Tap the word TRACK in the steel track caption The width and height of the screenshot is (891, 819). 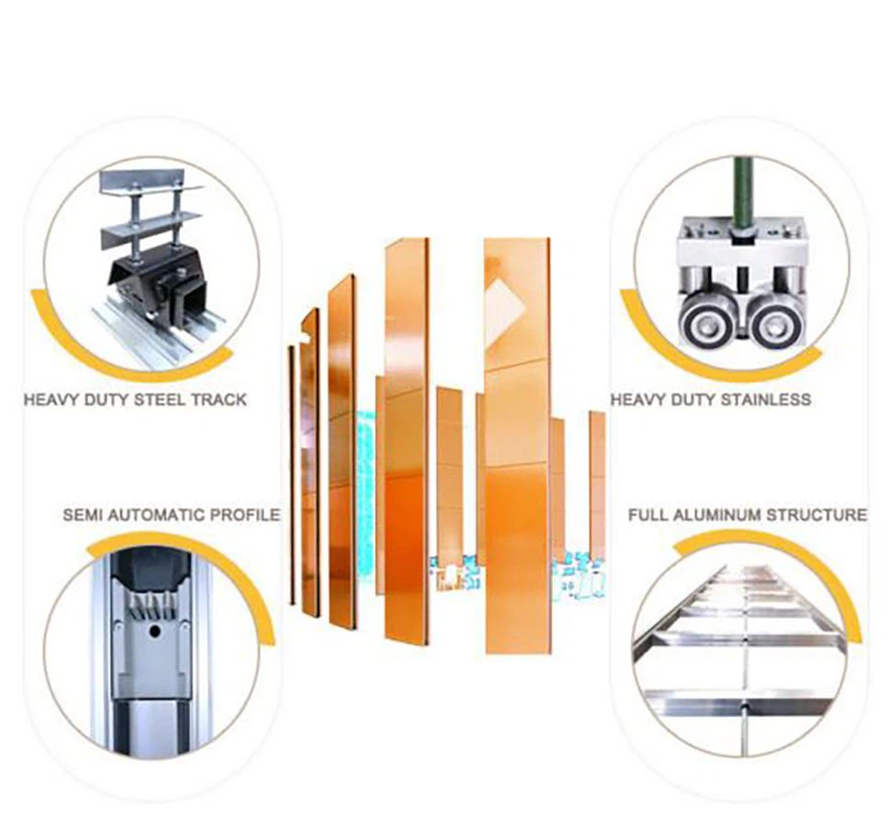[x=220, y=400]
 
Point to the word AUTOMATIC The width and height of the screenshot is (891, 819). [x=157, y=516]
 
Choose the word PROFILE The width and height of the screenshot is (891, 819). [x=245, y=516]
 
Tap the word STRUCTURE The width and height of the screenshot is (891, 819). [x=817, y=516]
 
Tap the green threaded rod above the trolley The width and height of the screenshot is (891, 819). [x=740, y=193]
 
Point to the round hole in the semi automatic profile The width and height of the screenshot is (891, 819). [x=154, y=631]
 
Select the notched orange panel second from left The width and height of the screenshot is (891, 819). [x=310, y=461]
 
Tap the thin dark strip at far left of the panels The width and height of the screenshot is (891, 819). [x=292, y=475]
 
